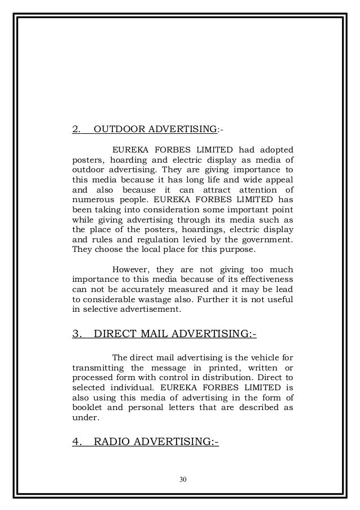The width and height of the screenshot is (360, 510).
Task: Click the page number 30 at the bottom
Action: pyautogui.click(x=180, y=480)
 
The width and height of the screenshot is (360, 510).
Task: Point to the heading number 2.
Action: pyautogui.click(x=76, y=131)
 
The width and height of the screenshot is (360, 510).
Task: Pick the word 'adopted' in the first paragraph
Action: pyautogui.click(x=276, y=150)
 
